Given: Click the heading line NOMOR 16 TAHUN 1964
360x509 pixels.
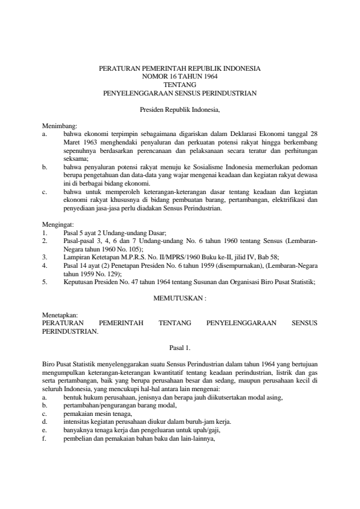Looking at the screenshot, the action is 180,77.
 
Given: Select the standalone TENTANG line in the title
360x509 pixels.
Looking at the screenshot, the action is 180,85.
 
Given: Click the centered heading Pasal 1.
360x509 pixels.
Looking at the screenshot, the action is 180,348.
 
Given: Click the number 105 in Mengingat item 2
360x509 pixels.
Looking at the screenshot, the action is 131,248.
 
